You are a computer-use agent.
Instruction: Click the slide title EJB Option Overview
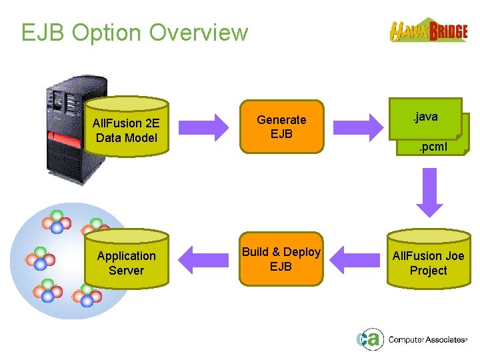click(x=134, y=32)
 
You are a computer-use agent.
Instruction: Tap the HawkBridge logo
click(x=429, y=31)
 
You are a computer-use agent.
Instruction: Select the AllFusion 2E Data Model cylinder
click(x=126, y=131)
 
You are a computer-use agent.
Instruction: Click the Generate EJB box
click(x=281, y=127)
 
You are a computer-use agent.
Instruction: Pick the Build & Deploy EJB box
click(x=281, y=259)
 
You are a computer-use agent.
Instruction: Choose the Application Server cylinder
click(x=126, y=263)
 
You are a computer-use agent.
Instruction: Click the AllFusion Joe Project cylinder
click(x=428, y=263)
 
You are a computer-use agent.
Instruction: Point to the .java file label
click(x=425, y=117)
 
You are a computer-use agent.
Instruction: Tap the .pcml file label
click(x=433, y=147)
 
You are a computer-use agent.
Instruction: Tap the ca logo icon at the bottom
click(x=368, y=339)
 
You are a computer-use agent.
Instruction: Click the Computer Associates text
click(x=427, y=340)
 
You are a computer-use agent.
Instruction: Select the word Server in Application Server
click(x=126, y=271)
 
